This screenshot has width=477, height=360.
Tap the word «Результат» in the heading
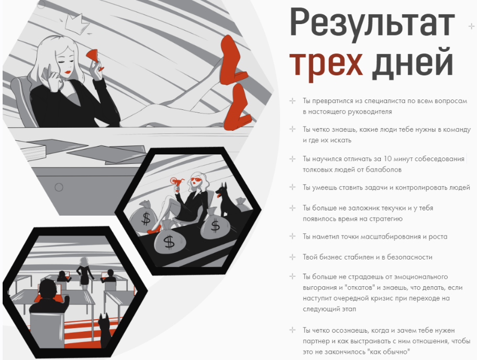point(372,23)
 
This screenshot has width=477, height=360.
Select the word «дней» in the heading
point(413,62)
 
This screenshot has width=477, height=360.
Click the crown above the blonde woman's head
point(75,23)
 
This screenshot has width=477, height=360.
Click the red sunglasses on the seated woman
point(195,181)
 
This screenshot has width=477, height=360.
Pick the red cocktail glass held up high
point(176,183)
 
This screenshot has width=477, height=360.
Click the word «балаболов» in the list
point(383,170)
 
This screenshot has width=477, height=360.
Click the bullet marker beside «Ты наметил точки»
point(292,237)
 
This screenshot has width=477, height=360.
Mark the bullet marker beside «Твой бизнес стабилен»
point(292,257)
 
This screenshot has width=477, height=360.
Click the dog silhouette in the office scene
point(105,331)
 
